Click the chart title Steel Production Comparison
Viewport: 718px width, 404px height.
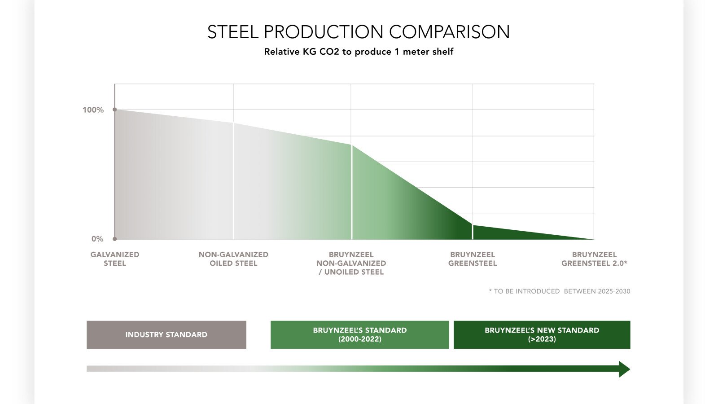[358, 32]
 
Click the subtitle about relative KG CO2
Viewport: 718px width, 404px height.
[359, 52]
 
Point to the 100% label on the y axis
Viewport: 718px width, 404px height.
[93, 110]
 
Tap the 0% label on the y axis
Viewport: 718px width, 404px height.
[97, 239]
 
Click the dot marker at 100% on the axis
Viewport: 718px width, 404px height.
[115, 110]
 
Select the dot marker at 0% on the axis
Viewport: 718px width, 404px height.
[115, 239]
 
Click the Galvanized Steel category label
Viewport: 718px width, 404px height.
[115, 259]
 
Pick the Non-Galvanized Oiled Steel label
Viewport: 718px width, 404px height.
[233, 259]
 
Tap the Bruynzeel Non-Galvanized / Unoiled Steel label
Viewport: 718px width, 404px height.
[351, 263]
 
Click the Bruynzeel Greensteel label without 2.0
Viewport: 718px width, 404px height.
[473, 259]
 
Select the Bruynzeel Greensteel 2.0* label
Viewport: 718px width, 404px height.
[594, 259]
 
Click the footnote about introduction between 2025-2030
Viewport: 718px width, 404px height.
[560, 291]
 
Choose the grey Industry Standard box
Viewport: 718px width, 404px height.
[166, 334]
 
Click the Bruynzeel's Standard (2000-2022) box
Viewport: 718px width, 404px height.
[360, 334]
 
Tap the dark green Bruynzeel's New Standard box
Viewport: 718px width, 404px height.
[542, 334]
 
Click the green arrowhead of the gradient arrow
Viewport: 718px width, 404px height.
[624, 369]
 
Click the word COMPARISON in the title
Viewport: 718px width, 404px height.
[449, 32]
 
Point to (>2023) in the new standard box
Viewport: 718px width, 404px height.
[542, 339]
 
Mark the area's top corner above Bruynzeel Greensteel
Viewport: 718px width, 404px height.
[473, 224]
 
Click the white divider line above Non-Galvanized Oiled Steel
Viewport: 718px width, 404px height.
[233, 180]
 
